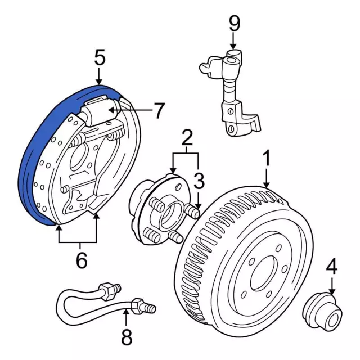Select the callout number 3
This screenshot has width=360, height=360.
pos(199,181)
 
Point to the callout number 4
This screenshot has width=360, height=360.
pos(332,267)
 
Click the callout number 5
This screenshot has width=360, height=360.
pos(100,57)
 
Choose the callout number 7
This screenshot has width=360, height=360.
pos(159,111)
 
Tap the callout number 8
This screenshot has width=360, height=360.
pos(126,337)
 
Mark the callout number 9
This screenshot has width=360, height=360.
pos(234,24)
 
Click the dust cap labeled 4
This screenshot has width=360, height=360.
pos(322,311)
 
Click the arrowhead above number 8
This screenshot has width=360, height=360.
pos(126,307)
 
